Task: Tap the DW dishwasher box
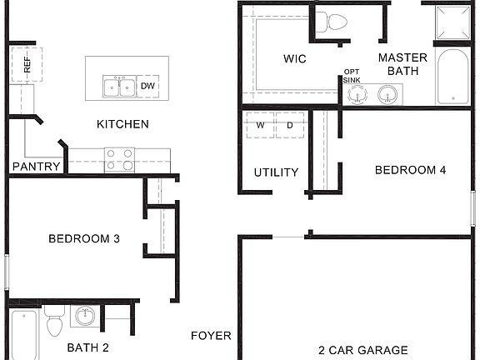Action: click(x=148, y=85)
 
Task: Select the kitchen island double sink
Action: click(x=119, y=86)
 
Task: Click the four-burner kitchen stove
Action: click(x=119, y=158)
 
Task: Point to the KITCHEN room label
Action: click(x=122, y=124)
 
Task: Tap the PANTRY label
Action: click(x=36, y=167)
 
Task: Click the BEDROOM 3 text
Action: click(x=84, y=238)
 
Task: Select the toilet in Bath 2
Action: click(x=54, y=321)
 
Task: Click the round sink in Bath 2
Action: click(x=84, y=316)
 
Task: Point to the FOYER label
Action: click(x=211, y=336)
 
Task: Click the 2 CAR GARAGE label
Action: click(x=363, y=350)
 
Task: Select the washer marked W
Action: click(x=260, y=125)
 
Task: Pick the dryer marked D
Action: click(x=290, y=125)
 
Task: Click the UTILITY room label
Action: click(x=276, y=172)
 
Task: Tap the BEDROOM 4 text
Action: click(x=410, y=170)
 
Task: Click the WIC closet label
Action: click(x=295, y=58)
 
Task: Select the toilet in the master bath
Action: click(x=337, y=21)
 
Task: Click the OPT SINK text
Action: click(x=352, y=77)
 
